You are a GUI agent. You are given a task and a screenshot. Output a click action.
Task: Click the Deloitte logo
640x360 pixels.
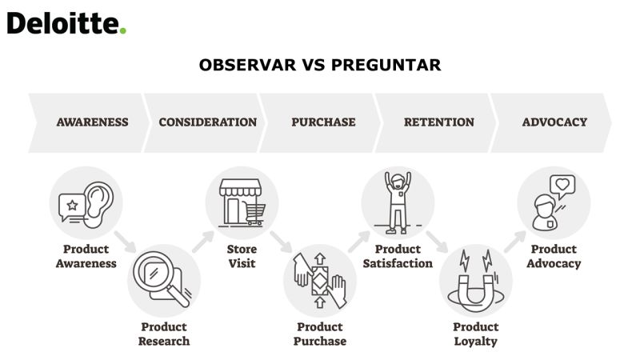point(66,23)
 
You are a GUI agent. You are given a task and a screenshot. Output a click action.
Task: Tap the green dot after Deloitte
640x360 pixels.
point(123,30)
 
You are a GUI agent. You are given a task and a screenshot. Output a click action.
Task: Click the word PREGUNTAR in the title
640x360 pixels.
point(386,65)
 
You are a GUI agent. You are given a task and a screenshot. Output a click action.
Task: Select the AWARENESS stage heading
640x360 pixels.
point(92,122)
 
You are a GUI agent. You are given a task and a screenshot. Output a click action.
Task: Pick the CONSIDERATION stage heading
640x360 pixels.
point(208,122)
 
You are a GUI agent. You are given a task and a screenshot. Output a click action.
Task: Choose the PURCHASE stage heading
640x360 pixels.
point(323,122)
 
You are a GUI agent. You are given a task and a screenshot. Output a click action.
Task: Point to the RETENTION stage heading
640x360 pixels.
point(439,122)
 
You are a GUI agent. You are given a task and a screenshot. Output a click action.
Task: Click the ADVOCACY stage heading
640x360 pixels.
point(554,122)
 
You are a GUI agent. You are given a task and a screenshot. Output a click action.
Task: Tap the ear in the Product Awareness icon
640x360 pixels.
point(98,204)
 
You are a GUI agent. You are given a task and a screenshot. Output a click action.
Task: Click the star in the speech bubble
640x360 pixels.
point(72,205)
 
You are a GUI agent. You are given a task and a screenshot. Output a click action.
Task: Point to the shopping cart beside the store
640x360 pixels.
point(254,214)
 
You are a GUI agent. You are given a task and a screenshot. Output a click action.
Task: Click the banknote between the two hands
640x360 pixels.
point(319,281)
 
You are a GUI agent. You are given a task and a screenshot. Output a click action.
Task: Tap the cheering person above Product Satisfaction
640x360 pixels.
point(398,203)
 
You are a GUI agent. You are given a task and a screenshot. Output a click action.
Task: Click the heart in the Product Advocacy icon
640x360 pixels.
point(562,185)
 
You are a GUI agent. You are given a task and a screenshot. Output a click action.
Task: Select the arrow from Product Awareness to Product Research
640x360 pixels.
point(125,242)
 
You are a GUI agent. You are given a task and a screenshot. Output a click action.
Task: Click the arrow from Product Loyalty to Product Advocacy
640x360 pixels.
point(515,242)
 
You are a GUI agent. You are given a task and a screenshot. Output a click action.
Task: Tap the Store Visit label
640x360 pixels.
point(242,256)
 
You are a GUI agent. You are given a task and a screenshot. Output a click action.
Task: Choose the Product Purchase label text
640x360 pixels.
point(320,334)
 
